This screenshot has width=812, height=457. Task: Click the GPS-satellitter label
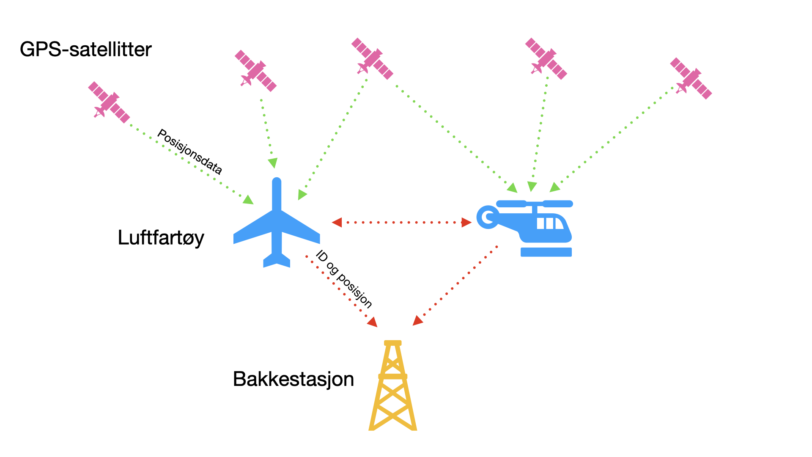85,50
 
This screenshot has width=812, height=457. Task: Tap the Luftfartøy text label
161,237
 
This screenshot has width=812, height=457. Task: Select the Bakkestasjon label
293,379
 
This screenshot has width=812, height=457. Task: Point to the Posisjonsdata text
189,151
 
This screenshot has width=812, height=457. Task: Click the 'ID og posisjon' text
344,279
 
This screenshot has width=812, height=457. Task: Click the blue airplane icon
277,224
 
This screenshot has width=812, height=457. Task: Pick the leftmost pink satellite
109,102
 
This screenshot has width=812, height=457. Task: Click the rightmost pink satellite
691,78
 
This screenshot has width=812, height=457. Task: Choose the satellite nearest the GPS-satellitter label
109,102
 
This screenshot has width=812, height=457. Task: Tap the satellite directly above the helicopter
546,58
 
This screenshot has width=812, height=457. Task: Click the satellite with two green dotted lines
372,58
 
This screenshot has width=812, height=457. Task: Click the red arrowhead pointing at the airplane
337,222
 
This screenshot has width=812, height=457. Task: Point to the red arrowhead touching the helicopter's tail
466,222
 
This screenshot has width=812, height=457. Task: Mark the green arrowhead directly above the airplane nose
273,162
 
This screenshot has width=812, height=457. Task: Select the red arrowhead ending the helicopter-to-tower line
417,321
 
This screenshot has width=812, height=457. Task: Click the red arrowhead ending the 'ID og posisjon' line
372,322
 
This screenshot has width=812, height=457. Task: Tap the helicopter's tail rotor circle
488,217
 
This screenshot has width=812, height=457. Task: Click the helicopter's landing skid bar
546,252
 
